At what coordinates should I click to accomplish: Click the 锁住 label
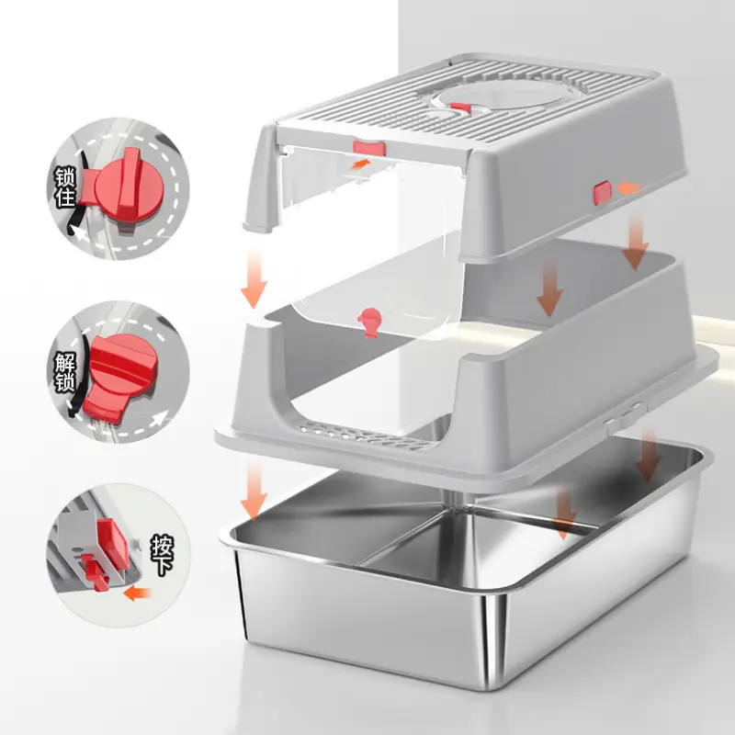[65, 187]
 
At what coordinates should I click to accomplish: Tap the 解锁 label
[64, 372]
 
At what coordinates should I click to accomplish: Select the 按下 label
[163, 555]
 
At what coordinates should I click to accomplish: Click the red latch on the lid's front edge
[369, 148]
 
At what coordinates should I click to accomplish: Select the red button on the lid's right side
[603, 193]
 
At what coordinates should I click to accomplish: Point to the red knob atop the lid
[461, 107]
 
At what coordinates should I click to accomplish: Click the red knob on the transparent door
[369, 321]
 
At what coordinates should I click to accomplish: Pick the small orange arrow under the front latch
[361, 164]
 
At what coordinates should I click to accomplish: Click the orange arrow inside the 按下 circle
[137, 594]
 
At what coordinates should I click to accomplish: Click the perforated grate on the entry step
[367, 435]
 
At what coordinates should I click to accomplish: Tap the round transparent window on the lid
[502, 94]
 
